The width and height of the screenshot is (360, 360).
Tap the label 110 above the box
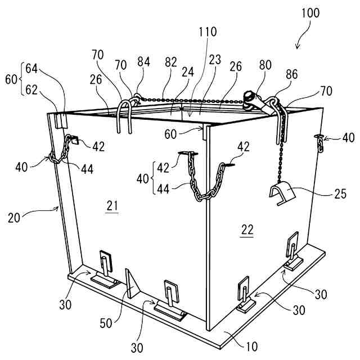[208, 32]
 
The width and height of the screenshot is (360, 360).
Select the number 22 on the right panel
[247, 229]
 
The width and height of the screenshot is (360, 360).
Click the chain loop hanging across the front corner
[201, 186]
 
